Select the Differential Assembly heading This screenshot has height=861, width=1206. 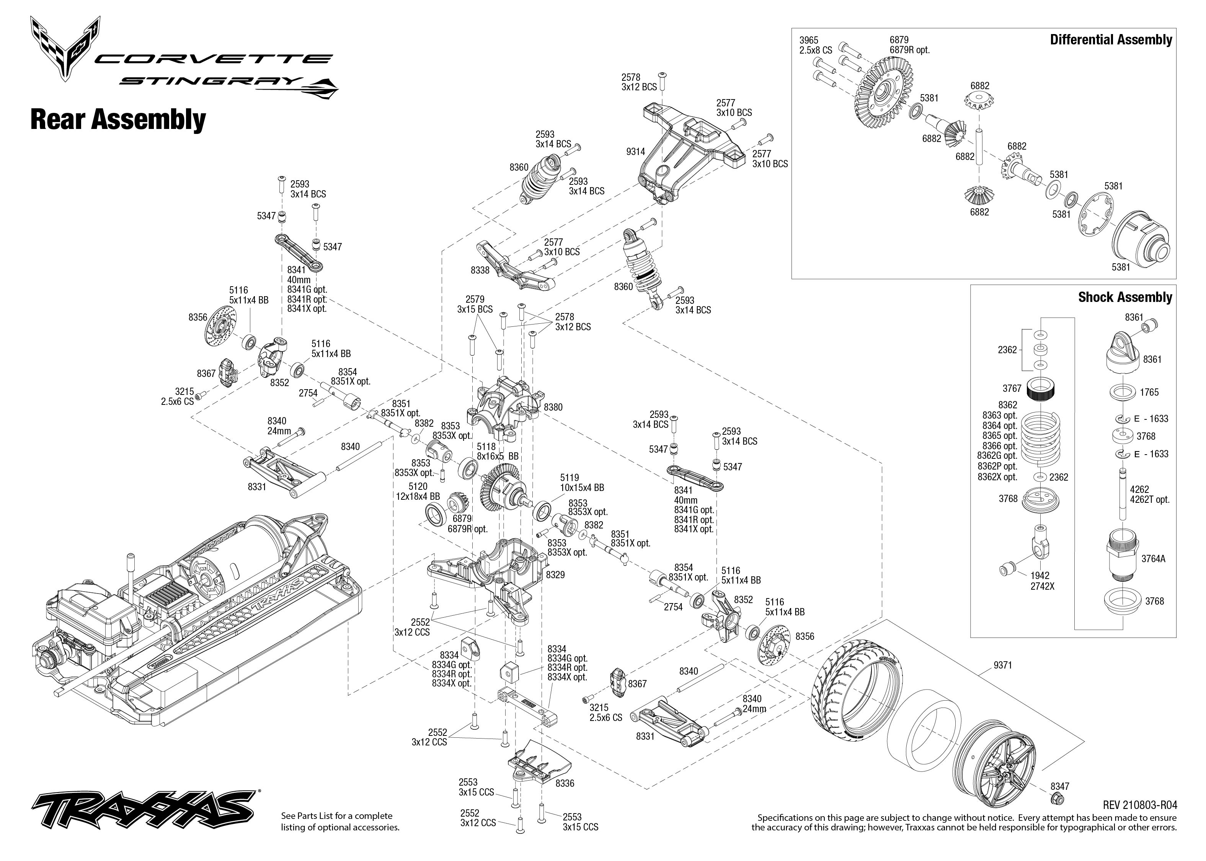[x=1111, y=40]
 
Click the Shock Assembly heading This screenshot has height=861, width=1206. [x=1125, y=297]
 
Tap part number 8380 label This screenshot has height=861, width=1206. [x=553, y=407]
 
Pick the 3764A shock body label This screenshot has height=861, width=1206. [x=1153, y=559]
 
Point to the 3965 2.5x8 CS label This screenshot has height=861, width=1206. [x=815, y=45]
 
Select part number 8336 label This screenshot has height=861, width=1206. [x=565, y=783]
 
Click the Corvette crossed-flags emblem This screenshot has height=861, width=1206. [x=65, y=48]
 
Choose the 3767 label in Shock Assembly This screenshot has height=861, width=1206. [x=1012, y=389]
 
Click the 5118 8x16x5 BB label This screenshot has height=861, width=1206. [x=497, y=451]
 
